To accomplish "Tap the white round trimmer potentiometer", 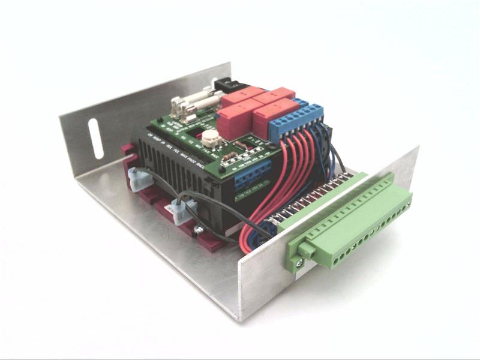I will tap(209, 138).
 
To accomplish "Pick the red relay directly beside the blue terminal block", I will tap(272, 116).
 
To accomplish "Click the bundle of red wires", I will tap(276, 180).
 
